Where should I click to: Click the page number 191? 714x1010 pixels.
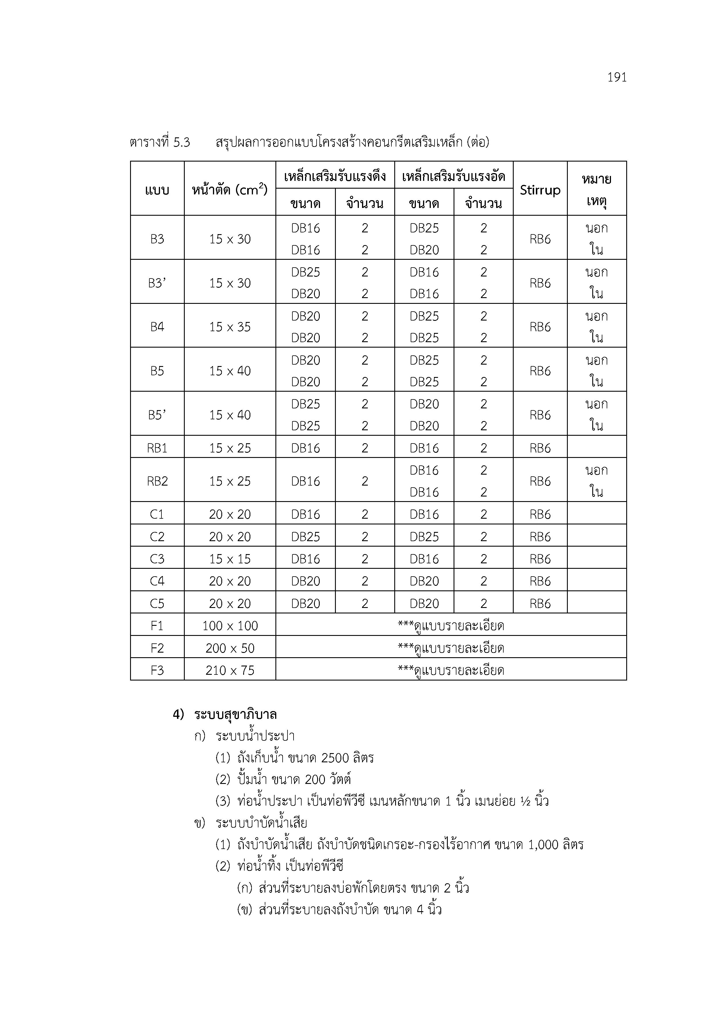pyautogui.click(x=616, y=77)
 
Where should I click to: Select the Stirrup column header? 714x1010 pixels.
pyautogui.click(x=540, y=190)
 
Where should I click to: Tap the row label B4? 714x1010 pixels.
pyautogui.click(x=157, y=327)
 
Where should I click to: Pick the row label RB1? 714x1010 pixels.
pyautogui.click(x=157, y=448)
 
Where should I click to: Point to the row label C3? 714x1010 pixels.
pyautogui.click(x=157, y=559)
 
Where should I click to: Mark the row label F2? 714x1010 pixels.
pyautogui.click(x=157, y=648)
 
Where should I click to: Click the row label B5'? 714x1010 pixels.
pyautogui.click(x=157, y=415)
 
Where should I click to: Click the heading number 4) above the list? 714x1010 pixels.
pyautogui.click(x=178, y=715)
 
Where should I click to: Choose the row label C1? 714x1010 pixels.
pyautogui.click(x=157, y=514)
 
